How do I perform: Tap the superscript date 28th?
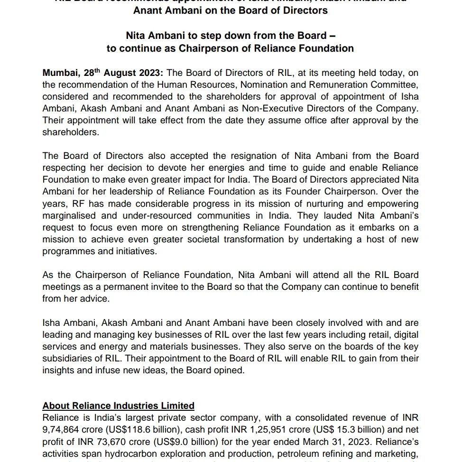pos(92,72)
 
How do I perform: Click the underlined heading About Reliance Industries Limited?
pos(119,406)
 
